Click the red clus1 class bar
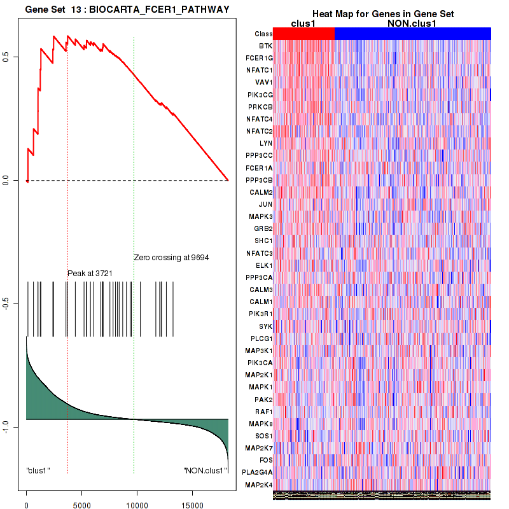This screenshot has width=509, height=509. click(304, 33)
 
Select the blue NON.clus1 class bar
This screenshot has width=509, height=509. click(412, 33)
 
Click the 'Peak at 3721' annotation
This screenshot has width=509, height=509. click(90, 273)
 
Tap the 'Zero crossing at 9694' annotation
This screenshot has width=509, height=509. click(171, 258)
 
